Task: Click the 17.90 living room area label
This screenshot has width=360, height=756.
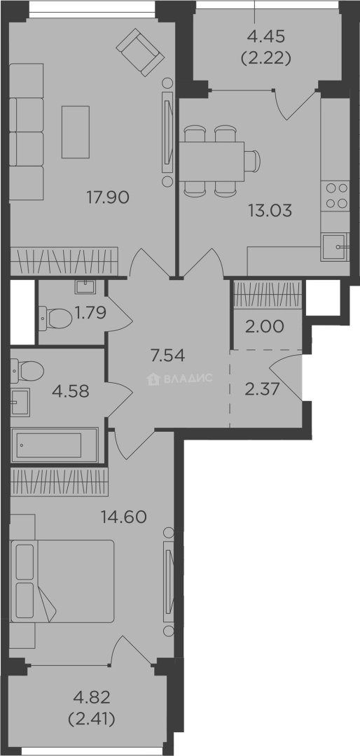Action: pos(108,197)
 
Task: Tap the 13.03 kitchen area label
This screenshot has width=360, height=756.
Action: pos(270,210)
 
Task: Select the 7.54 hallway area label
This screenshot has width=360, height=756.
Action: pos(168,357)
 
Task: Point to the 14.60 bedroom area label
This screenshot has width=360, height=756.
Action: pos(123,517)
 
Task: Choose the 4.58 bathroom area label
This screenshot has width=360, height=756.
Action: pos(71,391)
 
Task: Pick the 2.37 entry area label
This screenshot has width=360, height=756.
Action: pos(263,389)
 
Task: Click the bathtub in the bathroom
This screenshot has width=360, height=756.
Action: pos(54,445)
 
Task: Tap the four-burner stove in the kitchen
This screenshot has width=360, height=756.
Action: pos(336,196)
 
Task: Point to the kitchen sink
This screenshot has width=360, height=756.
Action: pos(334,246)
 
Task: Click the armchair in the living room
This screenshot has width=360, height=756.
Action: pos(139,52)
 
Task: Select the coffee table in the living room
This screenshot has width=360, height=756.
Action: pos(75,132)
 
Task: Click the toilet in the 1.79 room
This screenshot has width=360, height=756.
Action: pos(55,318)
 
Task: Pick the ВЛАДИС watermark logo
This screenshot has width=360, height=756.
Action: pos(179,379)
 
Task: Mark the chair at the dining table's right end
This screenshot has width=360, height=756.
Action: pos(252,161)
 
